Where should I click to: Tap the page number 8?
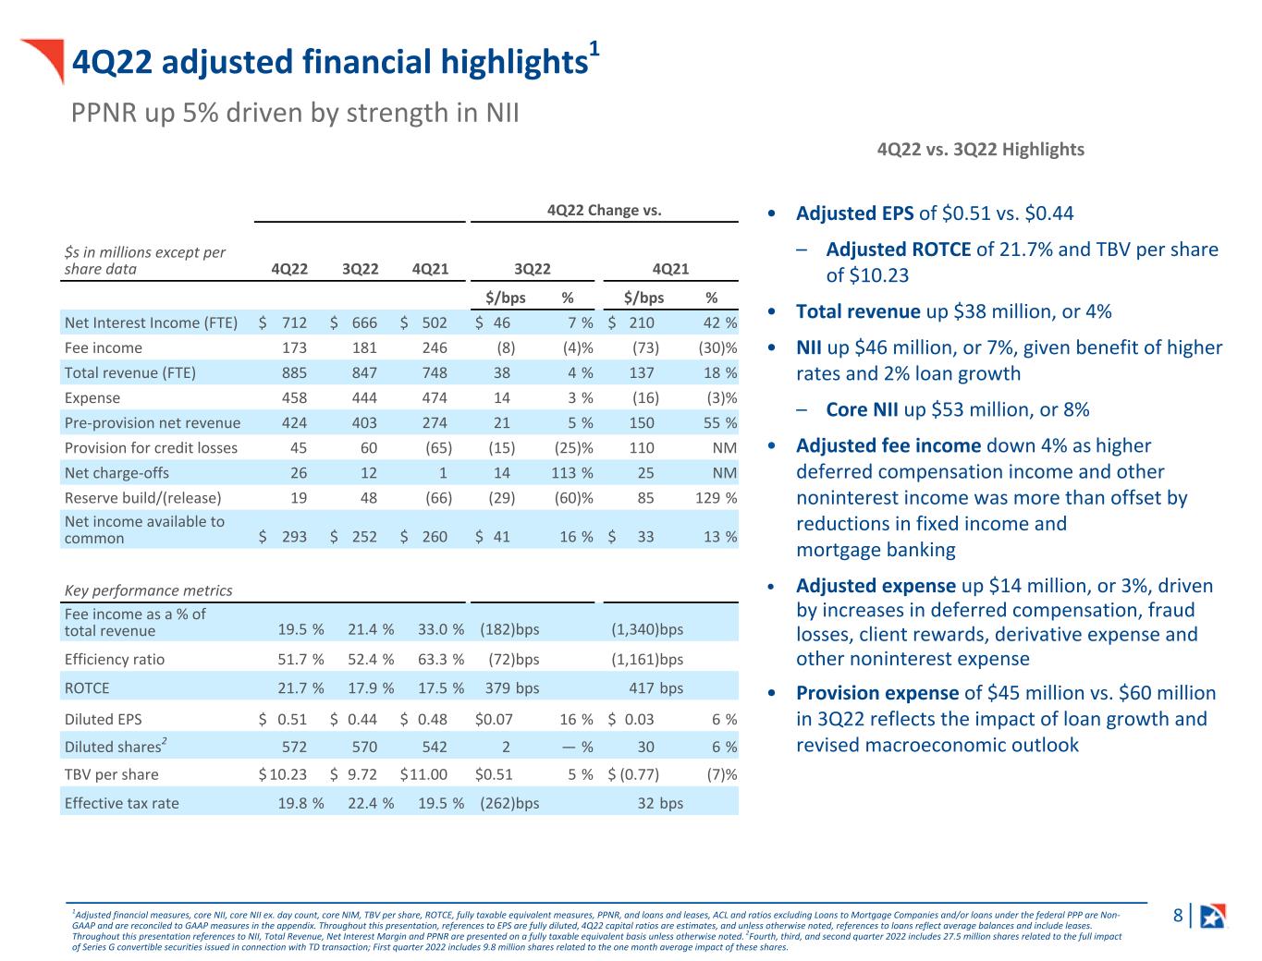tap(1178, 915)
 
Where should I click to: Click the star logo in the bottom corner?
tap(1213, 917)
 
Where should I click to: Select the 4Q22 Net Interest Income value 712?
tap(294, 322)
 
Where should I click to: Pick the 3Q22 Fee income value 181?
tap(364, 348)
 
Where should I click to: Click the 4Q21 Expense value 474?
tap(435, 398)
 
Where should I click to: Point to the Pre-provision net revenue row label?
tap(153, 423)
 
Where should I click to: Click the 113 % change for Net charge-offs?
tap(572, 473)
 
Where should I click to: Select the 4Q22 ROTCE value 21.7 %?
tap(300, 688)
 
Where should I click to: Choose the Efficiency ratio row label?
tap(115, 660)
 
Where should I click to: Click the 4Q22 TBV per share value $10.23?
tap(282, 774)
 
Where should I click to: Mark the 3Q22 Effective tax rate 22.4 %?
tap(371, 803)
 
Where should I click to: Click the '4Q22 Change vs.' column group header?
tap(605, 211)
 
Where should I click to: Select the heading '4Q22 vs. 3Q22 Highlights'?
tap(980, 150)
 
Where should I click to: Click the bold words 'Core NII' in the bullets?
tap(862, 409)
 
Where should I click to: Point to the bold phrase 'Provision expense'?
tap(877, 693)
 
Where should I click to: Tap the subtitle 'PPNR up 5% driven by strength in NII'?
tap(295, 113)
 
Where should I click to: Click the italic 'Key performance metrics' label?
tap(148, 590)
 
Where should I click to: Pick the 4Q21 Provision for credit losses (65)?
tap(438, 448)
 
